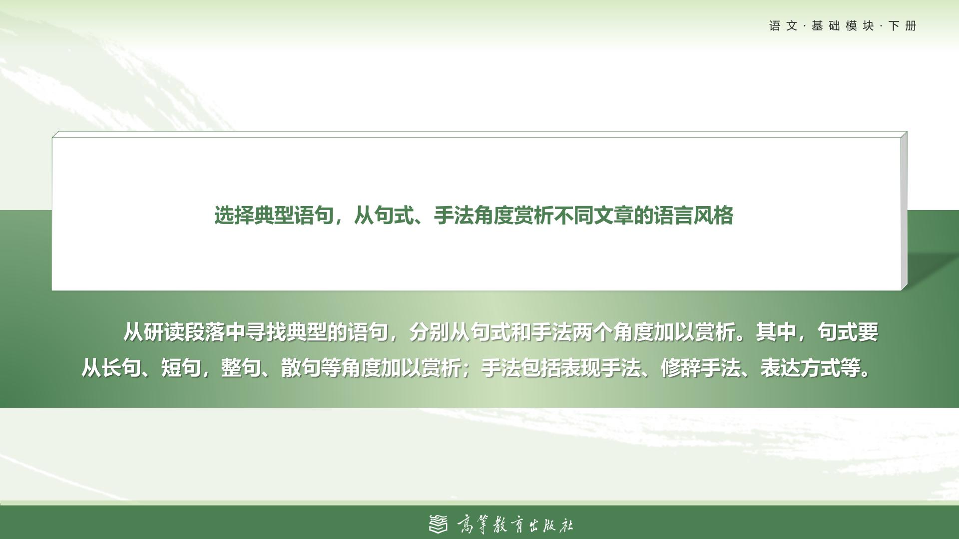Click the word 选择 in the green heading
pos(234,216)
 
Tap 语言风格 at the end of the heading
pos(693,216)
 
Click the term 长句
pos(121,368)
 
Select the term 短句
pos(181,368)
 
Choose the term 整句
pos(241,368)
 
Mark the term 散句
pos(301,368)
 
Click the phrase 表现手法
pos(601,368)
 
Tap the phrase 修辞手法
pos(701,368)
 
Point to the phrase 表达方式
pos(801,368)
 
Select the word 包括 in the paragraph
pos(541,368)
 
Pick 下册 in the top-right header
pos(903,26)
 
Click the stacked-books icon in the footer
pos(439,524)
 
